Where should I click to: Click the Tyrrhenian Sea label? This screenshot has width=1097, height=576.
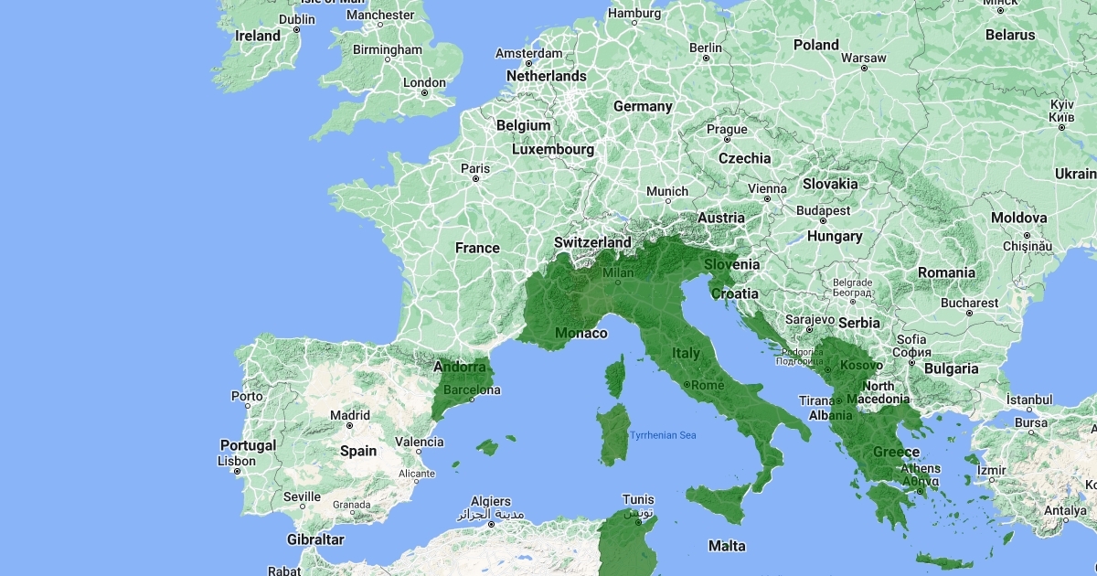click(663, 435)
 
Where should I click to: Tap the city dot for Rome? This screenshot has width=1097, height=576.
click(686, 386)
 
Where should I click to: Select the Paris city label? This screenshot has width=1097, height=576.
click(475, 168)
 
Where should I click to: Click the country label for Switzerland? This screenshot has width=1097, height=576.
click(592, 242)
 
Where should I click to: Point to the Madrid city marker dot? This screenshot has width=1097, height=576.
click(350, 427)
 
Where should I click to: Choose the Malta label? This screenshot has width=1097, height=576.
click(727, 546)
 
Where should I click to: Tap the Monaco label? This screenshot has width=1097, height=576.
click(581, 333)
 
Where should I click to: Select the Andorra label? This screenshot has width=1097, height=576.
click(460, 368)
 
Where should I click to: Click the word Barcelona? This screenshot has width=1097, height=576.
click(472, 390)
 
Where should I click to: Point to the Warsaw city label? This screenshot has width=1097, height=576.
click(863, 58)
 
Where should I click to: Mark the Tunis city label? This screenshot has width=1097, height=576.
click(638, 500)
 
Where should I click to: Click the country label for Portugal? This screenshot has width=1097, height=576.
click(248, 445)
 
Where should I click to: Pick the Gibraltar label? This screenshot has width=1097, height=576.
click(315, 539)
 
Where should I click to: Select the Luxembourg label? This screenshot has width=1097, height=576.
click(553, 149)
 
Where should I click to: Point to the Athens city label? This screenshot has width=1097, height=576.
click(921, 469)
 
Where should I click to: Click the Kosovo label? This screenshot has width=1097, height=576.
click(860, 366)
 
